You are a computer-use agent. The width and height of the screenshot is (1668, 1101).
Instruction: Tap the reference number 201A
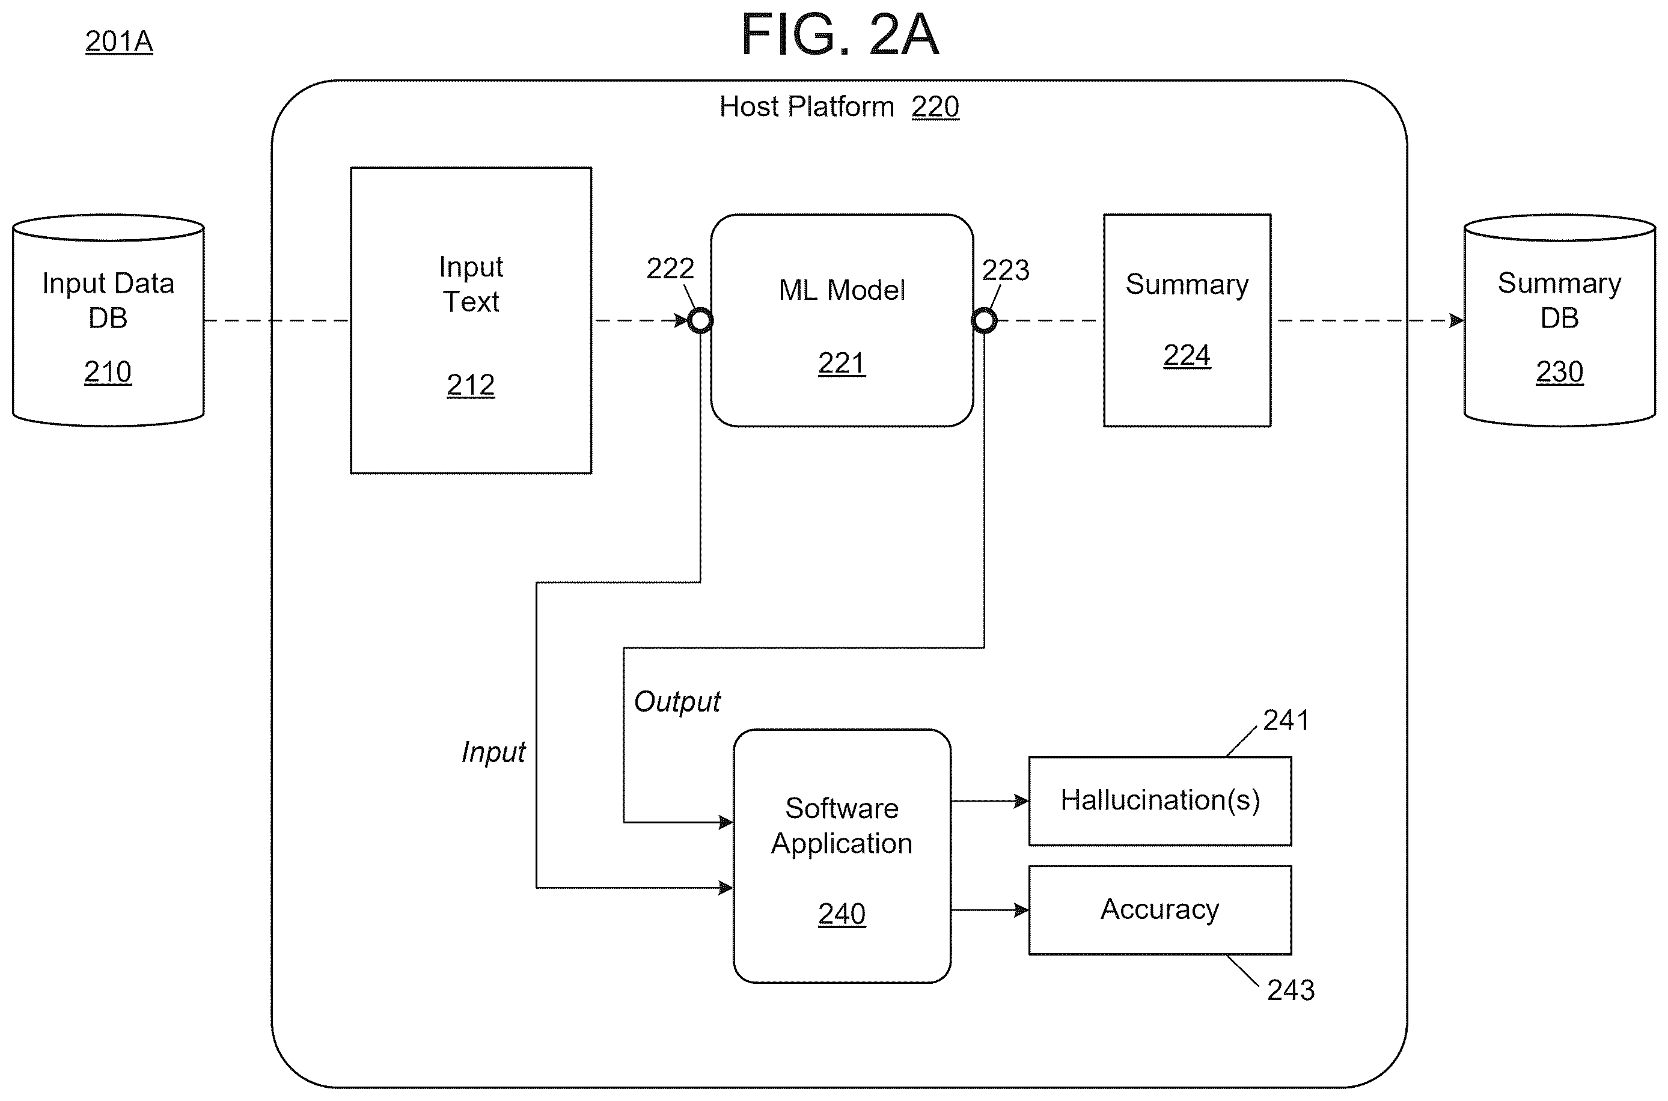[x=118, y=41]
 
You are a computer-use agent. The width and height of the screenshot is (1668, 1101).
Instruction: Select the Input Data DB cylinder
[x=108, y=320]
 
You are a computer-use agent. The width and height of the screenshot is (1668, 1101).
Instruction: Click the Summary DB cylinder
[x=1559, y=320]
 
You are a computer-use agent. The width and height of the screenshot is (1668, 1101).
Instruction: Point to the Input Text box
[x=471, y=320]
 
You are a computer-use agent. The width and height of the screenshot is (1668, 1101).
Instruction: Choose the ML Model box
[x=842, y=320]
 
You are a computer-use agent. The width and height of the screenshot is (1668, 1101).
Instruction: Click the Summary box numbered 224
[x=1187, y=320]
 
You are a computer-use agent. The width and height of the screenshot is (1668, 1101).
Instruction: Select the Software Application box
[x=842, y=856]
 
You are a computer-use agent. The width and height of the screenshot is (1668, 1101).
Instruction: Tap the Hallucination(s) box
[x=1160, y=801]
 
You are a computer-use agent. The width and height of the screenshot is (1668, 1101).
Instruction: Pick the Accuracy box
[x=1160, y=910]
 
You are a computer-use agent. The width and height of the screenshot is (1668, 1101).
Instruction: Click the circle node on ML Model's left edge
[x=700, y=321]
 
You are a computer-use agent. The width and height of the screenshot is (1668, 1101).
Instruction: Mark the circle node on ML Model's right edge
[x=984, y=321]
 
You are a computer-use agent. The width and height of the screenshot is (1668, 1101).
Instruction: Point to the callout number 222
[x=670, y=268]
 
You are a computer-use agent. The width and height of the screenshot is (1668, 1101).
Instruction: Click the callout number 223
[x=1006, y=270]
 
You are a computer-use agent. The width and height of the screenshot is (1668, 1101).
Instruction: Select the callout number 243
[x=1291, y=990]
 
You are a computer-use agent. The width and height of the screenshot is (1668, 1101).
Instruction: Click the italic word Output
[x=677, y=701]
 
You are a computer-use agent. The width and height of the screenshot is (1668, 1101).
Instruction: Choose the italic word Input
[x=493, y=752]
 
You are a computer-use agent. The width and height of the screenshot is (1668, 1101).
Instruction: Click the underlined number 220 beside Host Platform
[x=935, y=107]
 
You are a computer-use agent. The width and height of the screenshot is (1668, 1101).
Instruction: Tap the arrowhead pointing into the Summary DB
[x=1456, y=321]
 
